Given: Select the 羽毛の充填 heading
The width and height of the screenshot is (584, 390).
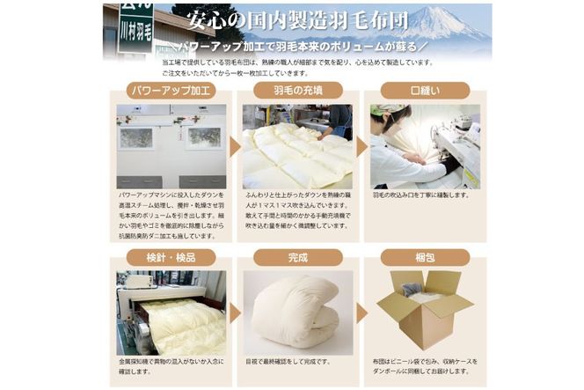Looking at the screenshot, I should tap(296, 90).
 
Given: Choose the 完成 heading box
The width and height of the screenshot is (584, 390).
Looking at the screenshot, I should tap(296, 258).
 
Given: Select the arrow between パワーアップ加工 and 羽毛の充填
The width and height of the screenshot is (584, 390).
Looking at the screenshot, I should tap(235, 147).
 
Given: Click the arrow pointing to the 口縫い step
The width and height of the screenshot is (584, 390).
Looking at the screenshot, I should tap(361, 147).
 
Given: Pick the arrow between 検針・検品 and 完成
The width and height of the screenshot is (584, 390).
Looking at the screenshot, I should tap(235, 313).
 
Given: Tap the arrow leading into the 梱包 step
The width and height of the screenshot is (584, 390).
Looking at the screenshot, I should tap(361, 313).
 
